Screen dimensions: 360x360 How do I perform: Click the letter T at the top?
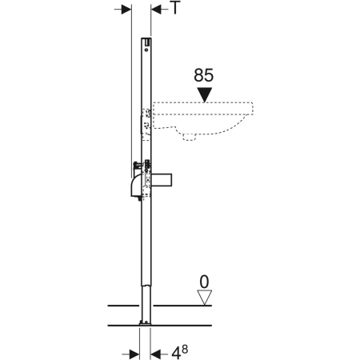[x=175, y=7]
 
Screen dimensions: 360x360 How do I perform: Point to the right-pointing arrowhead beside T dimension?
[x=126, y=10]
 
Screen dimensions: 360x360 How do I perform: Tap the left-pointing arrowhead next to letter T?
[x=156, y=10]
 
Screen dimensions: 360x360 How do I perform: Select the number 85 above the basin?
[x=204, y=75]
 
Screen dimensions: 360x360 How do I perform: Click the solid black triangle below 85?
[x=205, y=94]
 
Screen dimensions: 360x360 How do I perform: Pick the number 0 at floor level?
[x=204, y=282]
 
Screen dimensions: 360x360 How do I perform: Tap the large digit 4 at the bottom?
[x=176, y=354]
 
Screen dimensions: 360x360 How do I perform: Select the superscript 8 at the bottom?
[x=185, y=350]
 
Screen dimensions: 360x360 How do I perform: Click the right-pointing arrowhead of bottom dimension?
[x=134, y=354]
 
